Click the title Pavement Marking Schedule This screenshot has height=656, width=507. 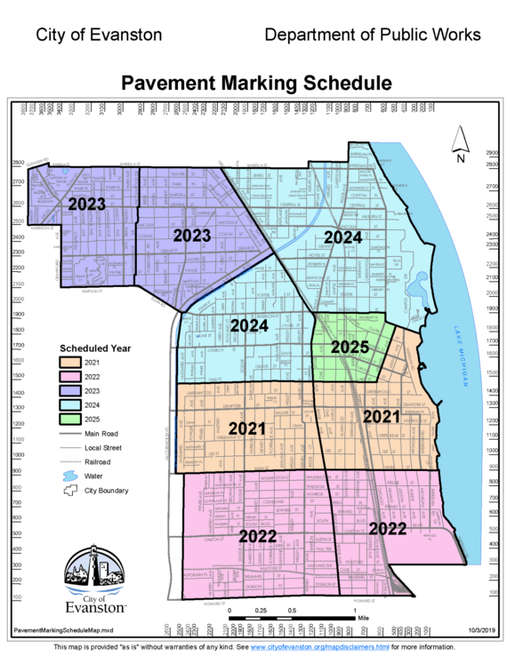[256, 84]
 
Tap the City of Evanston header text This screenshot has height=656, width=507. [99, 35]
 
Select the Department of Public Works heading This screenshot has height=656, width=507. [372, 35]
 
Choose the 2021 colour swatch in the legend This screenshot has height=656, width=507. [70, 363]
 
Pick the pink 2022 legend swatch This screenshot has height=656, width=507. [70, 377]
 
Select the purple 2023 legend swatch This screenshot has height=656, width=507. [70, 390]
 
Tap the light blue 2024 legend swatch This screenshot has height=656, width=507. [70, 404]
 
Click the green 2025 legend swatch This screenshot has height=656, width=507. [70, 419]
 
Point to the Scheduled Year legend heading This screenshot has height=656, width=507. [95, 348]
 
